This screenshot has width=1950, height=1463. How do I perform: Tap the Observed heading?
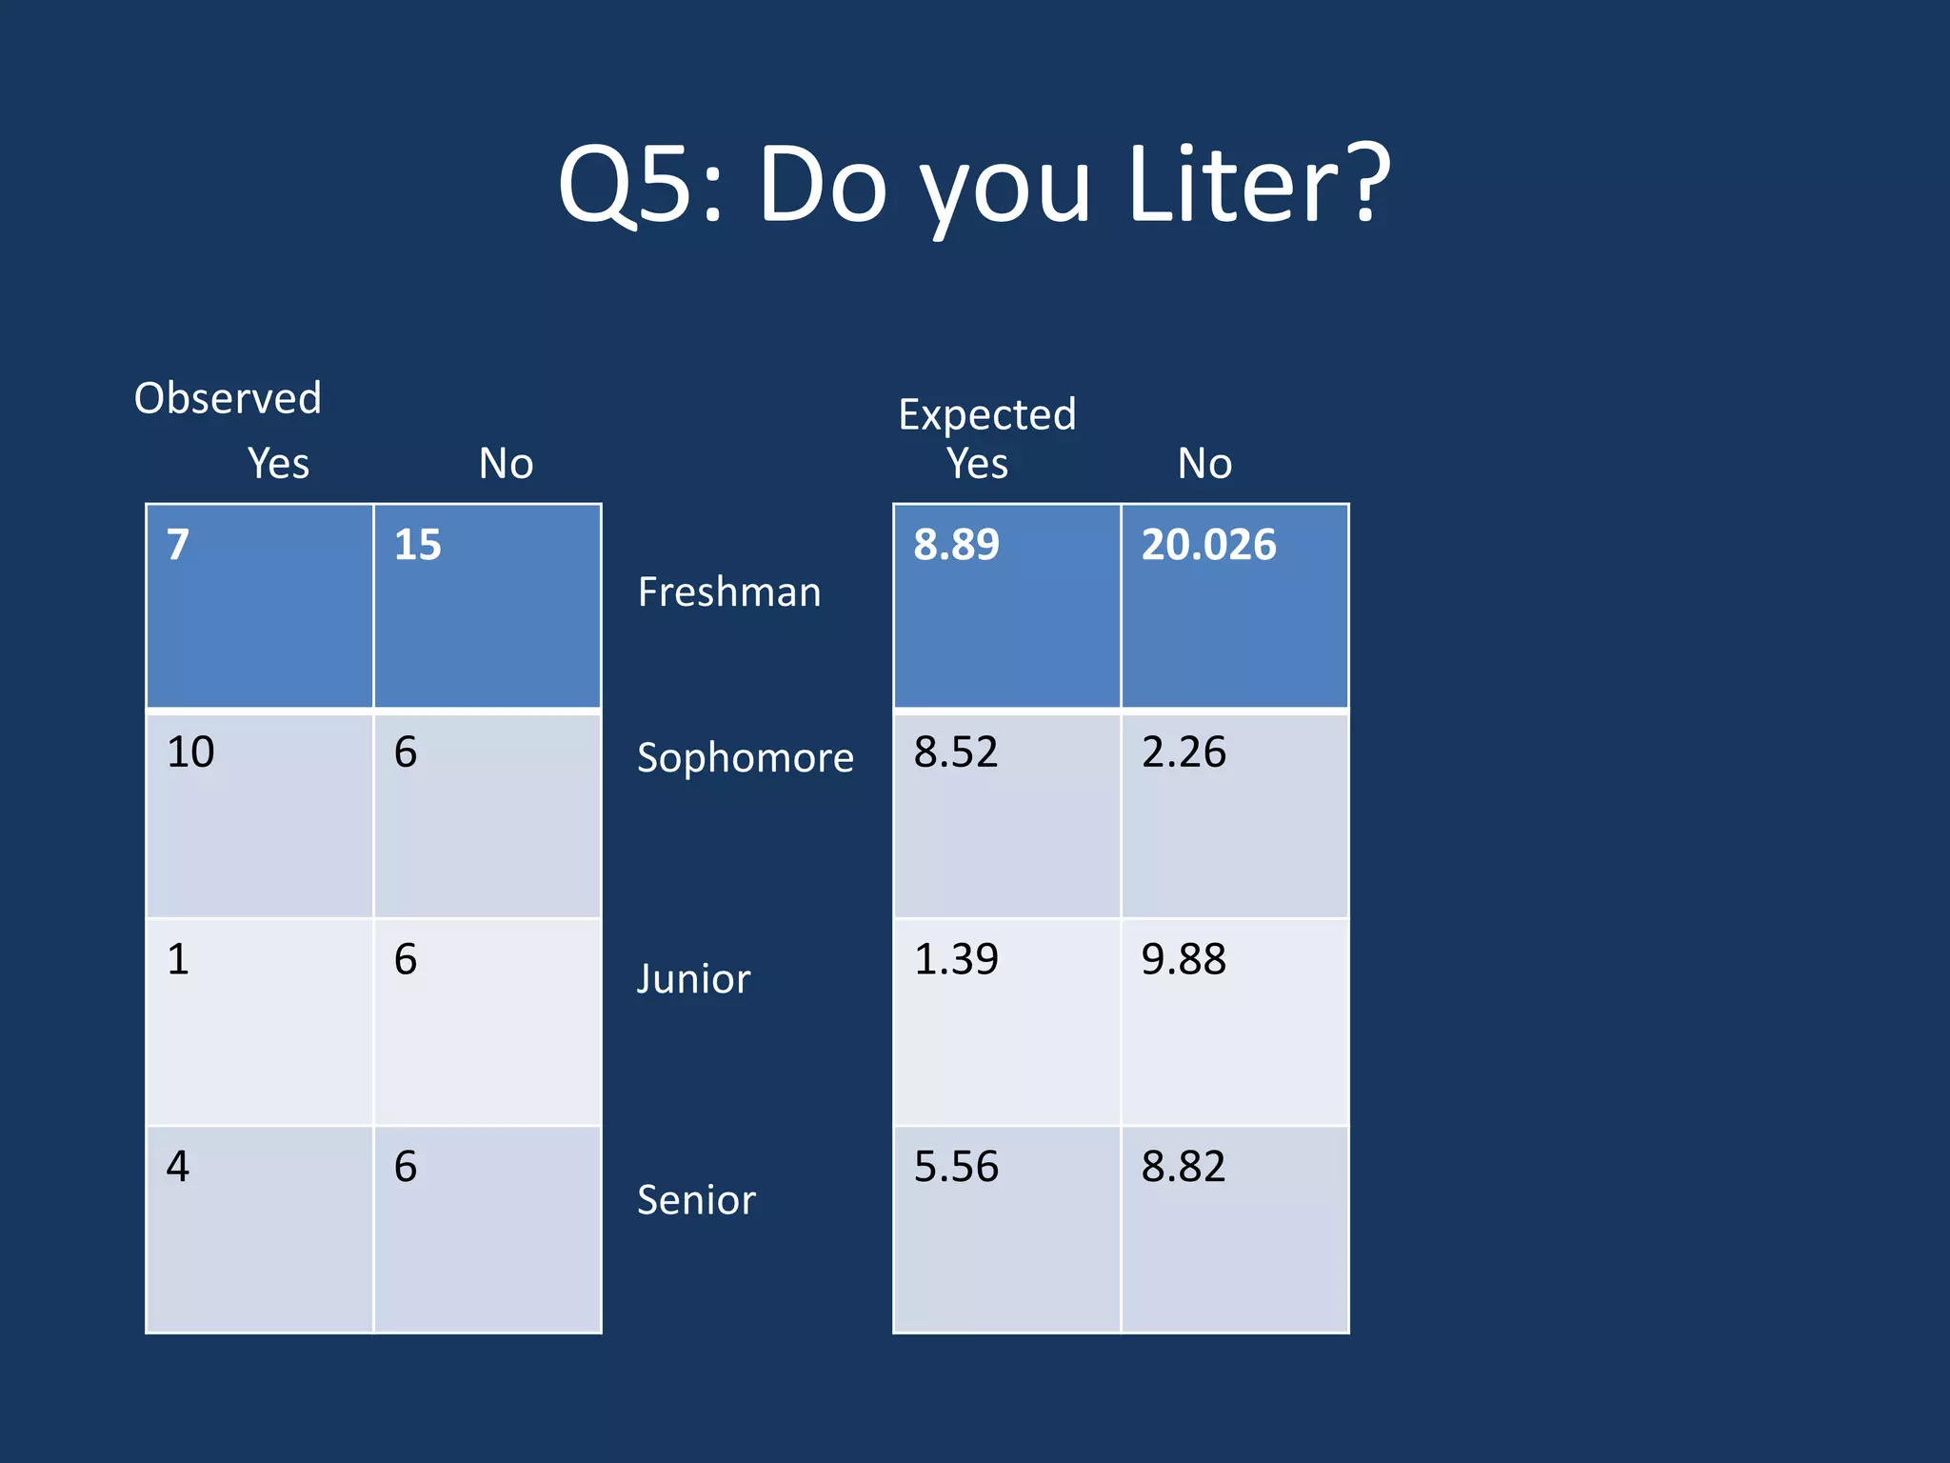tap(228, 398)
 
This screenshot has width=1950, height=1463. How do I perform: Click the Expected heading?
tap(986, 414)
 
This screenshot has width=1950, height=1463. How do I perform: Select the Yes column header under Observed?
tap(278, 464)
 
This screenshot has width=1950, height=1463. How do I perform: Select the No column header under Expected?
tap(1204, 464)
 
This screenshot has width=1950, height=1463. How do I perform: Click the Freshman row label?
tap(728, 592)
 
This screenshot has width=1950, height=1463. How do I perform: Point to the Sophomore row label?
tap(745, 758)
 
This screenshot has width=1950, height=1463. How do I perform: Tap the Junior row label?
tap(693, 979)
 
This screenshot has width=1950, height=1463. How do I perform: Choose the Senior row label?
tap(696, 1200)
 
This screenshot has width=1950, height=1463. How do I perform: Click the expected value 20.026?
tap(1208, 545)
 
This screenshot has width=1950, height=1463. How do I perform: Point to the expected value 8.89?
tap(956, 545)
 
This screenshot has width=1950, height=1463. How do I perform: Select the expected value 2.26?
tap(1184, 752)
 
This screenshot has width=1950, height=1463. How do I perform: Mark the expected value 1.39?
tap(956, 959)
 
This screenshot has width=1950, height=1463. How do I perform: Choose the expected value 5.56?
tap(956, 1167)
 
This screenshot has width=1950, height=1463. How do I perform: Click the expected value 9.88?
tap(1184, 959)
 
